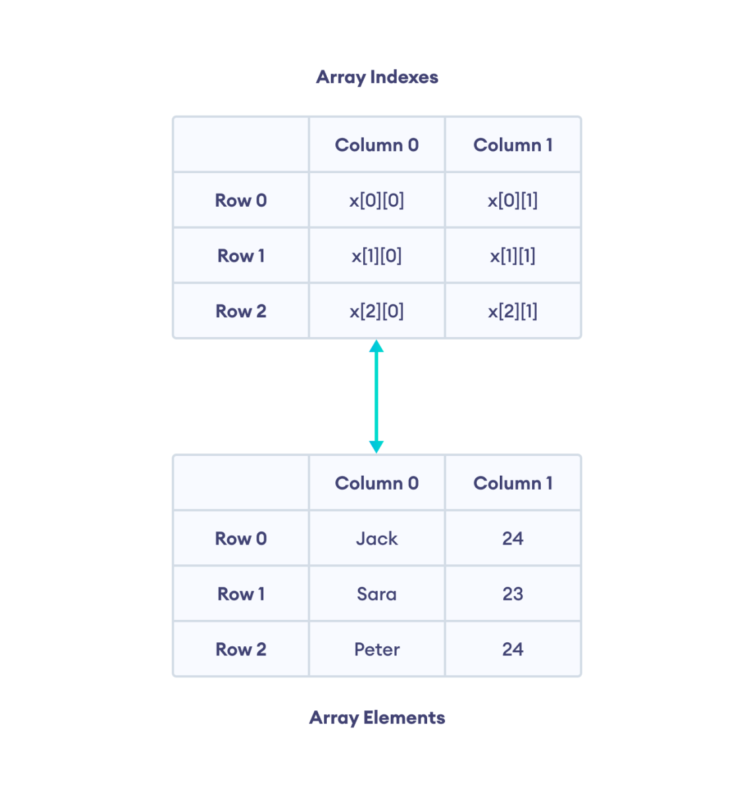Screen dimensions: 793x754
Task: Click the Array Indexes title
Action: [x=377, y=77]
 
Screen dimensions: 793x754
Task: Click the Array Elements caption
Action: [x=377, y=718]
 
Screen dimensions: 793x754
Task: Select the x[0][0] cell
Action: [x=377, y=200]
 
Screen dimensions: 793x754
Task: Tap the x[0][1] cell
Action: [x=513, y=200]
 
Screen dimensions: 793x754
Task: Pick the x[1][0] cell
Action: [x=377, y=256]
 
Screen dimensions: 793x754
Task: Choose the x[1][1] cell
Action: [x=513, y=256]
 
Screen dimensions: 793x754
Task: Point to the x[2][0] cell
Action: [x=377, y=311]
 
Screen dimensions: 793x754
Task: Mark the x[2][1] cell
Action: [x=513, y=311]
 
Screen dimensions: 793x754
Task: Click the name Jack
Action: [x=377, y=539]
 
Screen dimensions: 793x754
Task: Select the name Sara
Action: [x=377, y=594]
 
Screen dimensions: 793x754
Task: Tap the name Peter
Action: [x=377, y=650]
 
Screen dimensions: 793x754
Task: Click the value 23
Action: [x=513, y=594]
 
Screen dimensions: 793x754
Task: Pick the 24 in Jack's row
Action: [x=513, y=539]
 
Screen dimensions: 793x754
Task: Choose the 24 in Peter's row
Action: [x=513, y=650]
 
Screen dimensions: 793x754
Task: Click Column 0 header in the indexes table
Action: [x=377, y=145]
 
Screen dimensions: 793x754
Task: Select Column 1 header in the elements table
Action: [x=513, y=483]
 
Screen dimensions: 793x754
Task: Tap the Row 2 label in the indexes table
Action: [x=241, y=311]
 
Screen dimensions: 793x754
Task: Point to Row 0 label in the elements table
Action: [x=241, y=539]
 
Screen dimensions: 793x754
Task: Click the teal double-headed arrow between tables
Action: [x=376, y=397]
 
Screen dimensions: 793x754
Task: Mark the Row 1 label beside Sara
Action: [x=241, y=594]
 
